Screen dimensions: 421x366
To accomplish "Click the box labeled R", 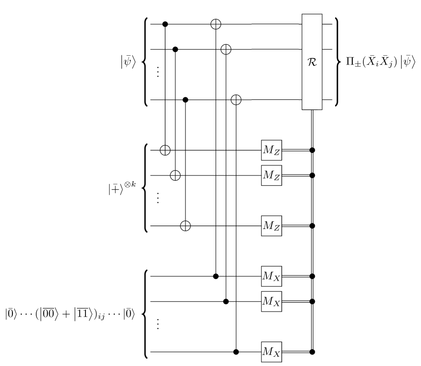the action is click(x=312, y=62).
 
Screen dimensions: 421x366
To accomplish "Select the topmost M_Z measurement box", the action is click(x=271, y=150).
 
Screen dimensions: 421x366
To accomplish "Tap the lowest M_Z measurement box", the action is click(x=271, y=226).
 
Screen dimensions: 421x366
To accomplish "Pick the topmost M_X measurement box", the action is click(x=271, y=276).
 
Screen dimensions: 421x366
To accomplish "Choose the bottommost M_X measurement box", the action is click(x=271, y=352).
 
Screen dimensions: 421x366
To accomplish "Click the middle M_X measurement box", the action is click(x=271, y=301).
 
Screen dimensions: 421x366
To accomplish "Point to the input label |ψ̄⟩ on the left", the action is click(x=128, y=62).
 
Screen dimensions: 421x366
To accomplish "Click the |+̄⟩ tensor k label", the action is click(x=122, y=188).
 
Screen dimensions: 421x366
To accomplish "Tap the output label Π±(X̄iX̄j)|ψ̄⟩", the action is click(x=381, y=62).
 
